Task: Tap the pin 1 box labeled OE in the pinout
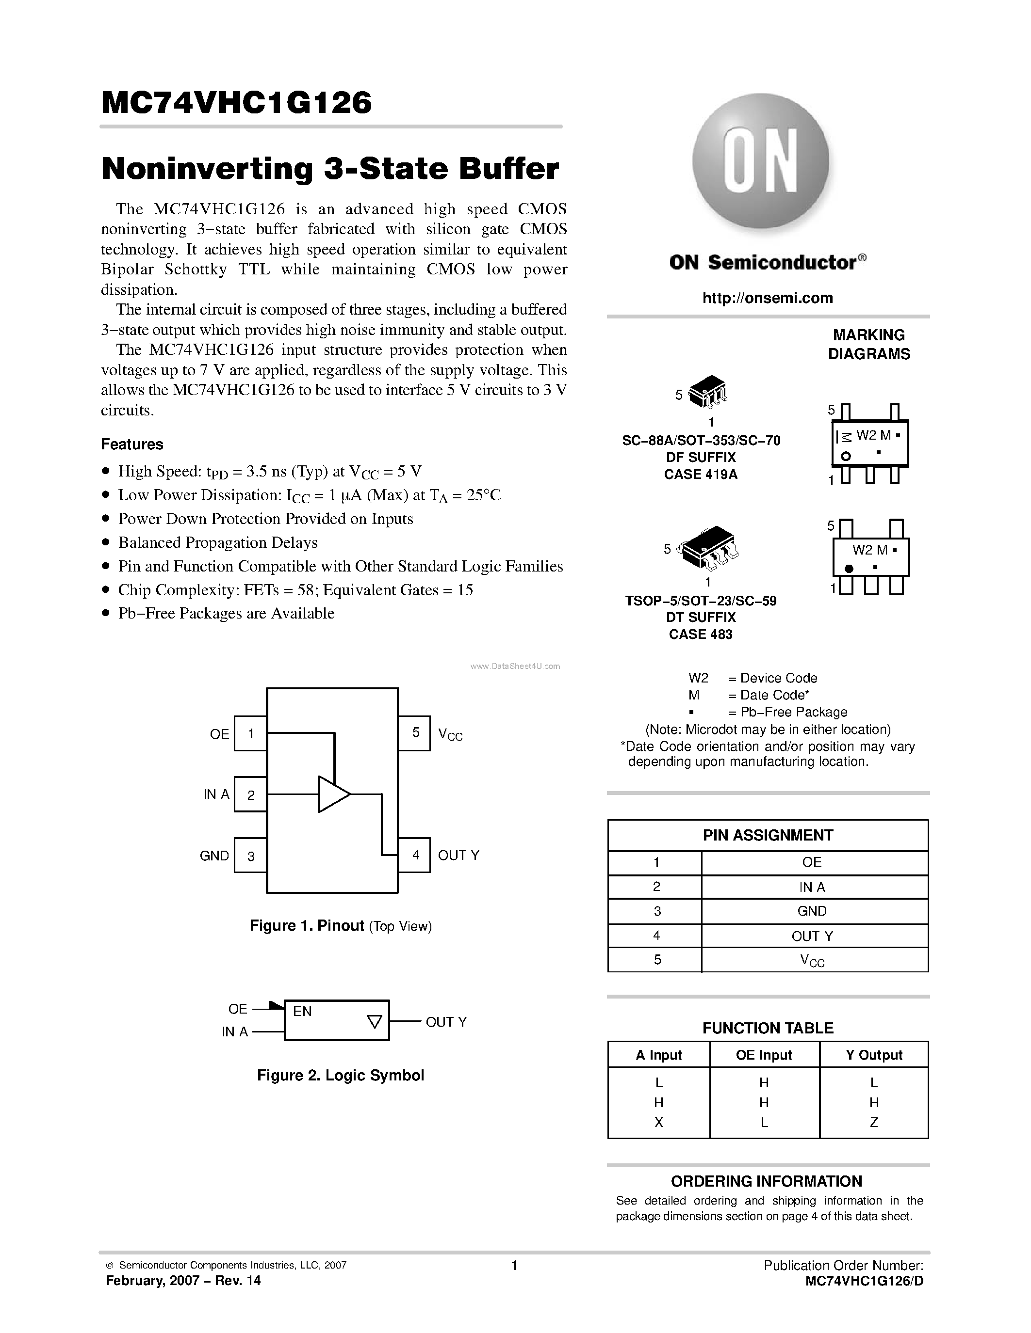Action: point(250,733)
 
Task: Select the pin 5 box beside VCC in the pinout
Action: point(415,733)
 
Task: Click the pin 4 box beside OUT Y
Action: point(415,855)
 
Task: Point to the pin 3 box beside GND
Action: point(250,856)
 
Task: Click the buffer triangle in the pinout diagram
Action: point(332,794)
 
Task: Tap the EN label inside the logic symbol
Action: point(302,1011)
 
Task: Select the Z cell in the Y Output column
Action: point(873,1122)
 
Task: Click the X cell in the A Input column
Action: point(658,1122)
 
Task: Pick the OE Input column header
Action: point(764,1055)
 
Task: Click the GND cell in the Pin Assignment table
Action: point(812,911)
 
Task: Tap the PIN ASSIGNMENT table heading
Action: point(768,836)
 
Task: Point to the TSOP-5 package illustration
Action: point(708,546)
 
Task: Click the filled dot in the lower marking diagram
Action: point(849,569)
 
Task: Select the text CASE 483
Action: point(701,634)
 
